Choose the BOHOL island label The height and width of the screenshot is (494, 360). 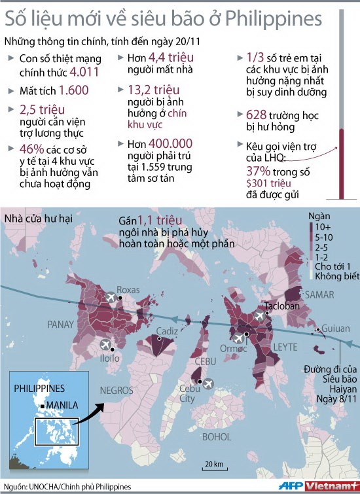[215, 435]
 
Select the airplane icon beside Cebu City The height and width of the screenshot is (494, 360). [209, 383]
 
